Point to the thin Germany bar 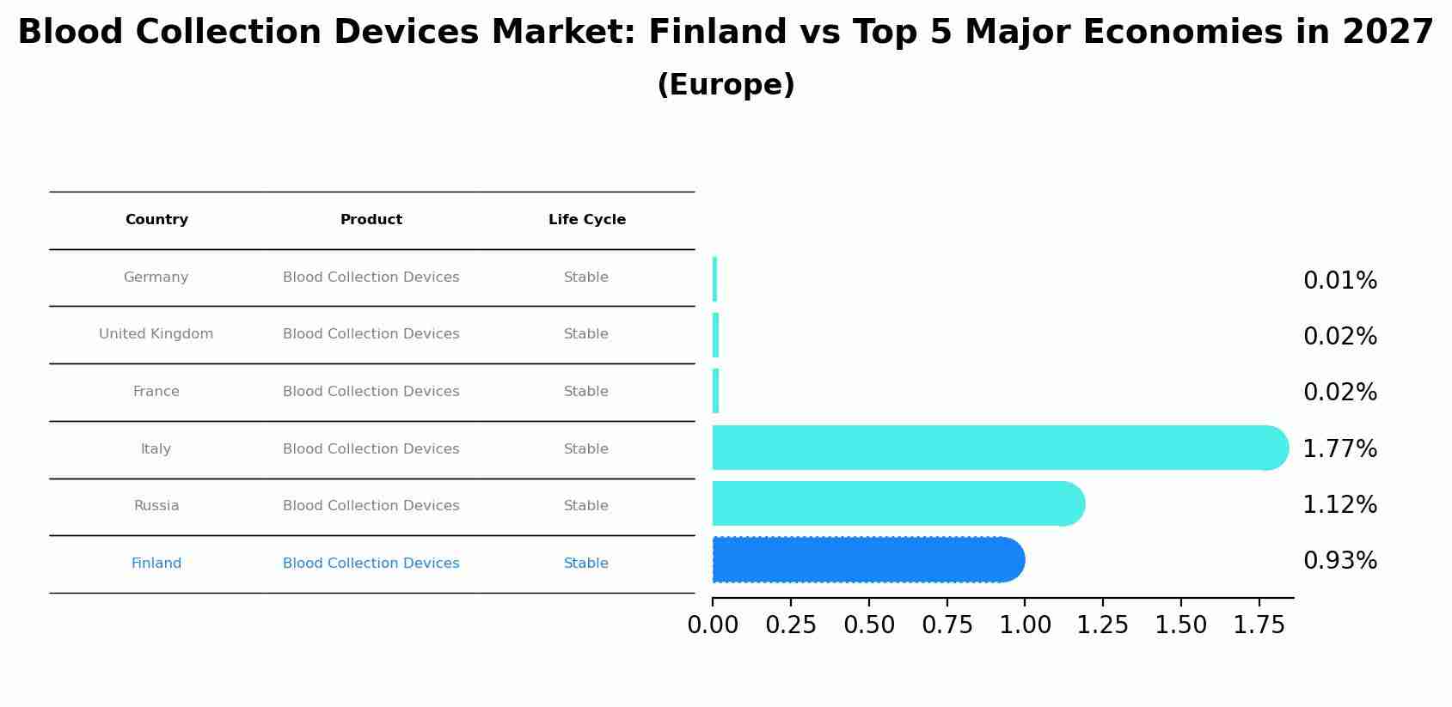tap(714, 279)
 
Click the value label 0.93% tap(1339, 561)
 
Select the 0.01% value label tap(1339, 281)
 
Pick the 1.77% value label tap(1339, 449)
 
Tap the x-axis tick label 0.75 tap(947, 626)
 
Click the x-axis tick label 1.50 tap(1180, 626)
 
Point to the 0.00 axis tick tap(713, 626)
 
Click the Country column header tap(156, 220)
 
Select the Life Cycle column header tap(587, 220)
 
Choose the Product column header tap(371, 220)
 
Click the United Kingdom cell tap(156, 334)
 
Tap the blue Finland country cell tap(156, 564)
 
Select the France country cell tap(156, 392)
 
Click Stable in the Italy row tap(586, 449)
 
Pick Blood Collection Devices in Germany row tap(371, 277)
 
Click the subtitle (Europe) tap(726, 86)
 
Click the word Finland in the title tap(717, 33)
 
